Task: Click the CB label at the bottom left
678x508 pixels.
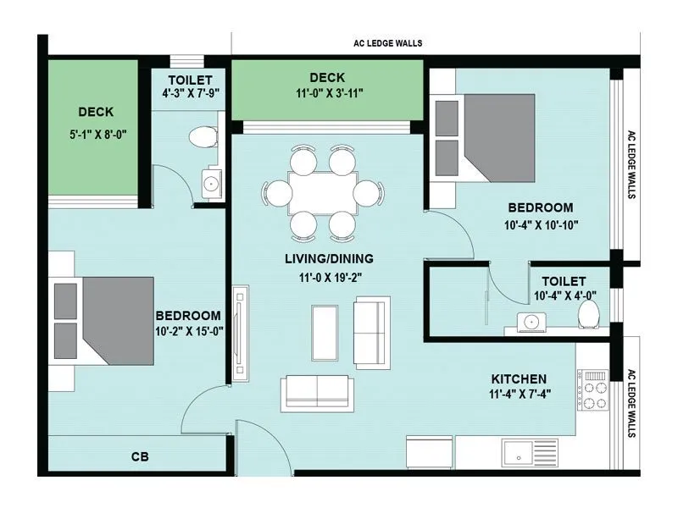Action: [x=140, y=457]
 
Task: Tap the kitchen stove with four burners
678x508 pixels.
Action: [x=593, y=390]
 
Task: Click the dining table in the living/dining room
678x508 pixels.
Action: [x=319, y=194]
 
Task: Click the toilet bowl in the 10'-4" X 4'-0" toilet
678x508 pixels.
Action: [x=590, y=315]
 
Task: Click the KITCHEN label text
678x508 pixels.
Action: [x=519, y=378]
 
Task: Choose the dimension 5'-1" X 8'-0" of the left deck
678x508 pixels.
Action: [x=95, y=134]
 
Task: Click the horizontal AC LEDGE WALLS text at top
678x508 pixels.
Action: [x=387, y=43]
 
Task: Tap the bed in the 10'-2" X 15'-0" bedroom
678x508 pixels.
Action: [x=102, y=317]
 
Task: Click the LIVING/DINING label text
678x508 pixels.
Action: [x=330, y=258]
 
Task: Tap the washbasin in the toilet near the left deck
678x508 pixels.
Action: [x=210, y=180]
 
